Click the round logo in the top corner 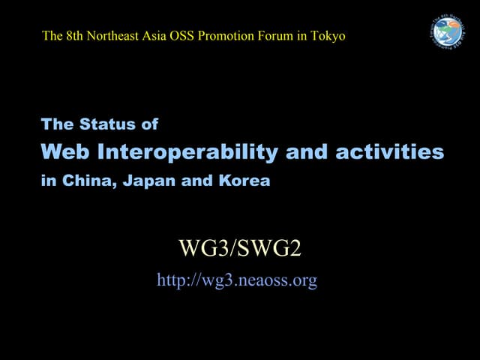point(448,31)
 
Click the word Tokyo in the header point(329,35)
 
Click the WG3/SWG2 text point(239,247)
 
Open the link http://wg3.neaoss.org point(237,280)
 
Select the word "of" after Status point(148,124)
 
